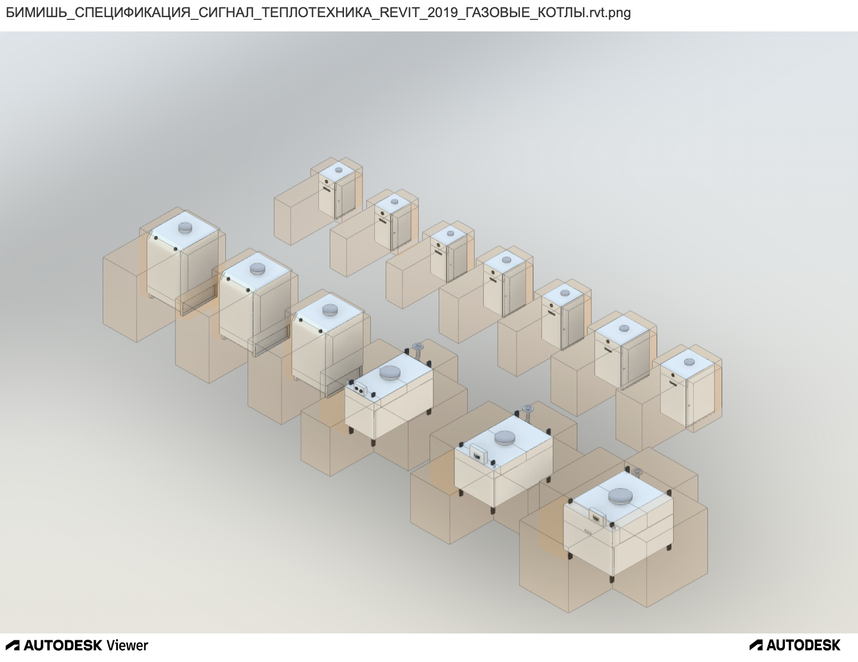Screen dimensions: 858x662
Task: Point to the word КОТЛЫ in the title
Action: pos(557,13)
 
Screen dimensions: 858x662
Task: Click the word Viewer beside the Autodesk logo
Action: pos(128,645)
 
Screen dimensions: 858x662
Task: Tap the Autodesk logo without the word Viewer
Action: pos(795,645)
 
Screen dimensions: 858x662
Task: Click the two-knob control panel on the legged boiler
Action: pos(360,390)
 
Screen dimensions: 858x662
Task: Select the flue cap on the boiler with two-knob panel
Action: pos(390,372)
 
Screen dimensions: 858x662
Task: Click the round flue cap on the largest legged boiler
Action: pos(620,496)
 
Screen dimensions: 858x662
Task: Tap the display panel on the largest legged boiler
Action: pos(597,516)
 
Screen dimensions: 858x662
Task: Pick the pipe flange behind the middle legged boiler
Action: pos(527,408)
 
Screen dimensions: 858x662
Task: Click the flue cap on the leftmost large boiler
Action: pos(185,227)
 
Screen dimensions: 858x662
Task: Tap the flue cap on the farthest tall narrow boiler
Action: pos(338,170)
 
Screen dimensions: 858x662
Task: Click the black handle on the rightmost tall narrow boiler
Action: pos(673,382)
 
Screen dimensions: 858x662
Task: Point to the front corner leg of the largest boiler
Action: pos(612,579)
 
